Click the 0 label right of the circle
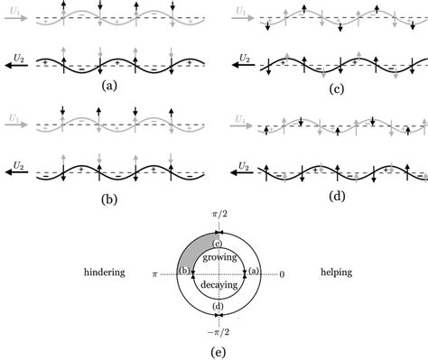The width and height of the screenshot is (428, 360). click(x=282, y=272)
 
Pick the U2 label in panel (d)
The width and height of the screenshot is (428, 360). click(x=237, y=165)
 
